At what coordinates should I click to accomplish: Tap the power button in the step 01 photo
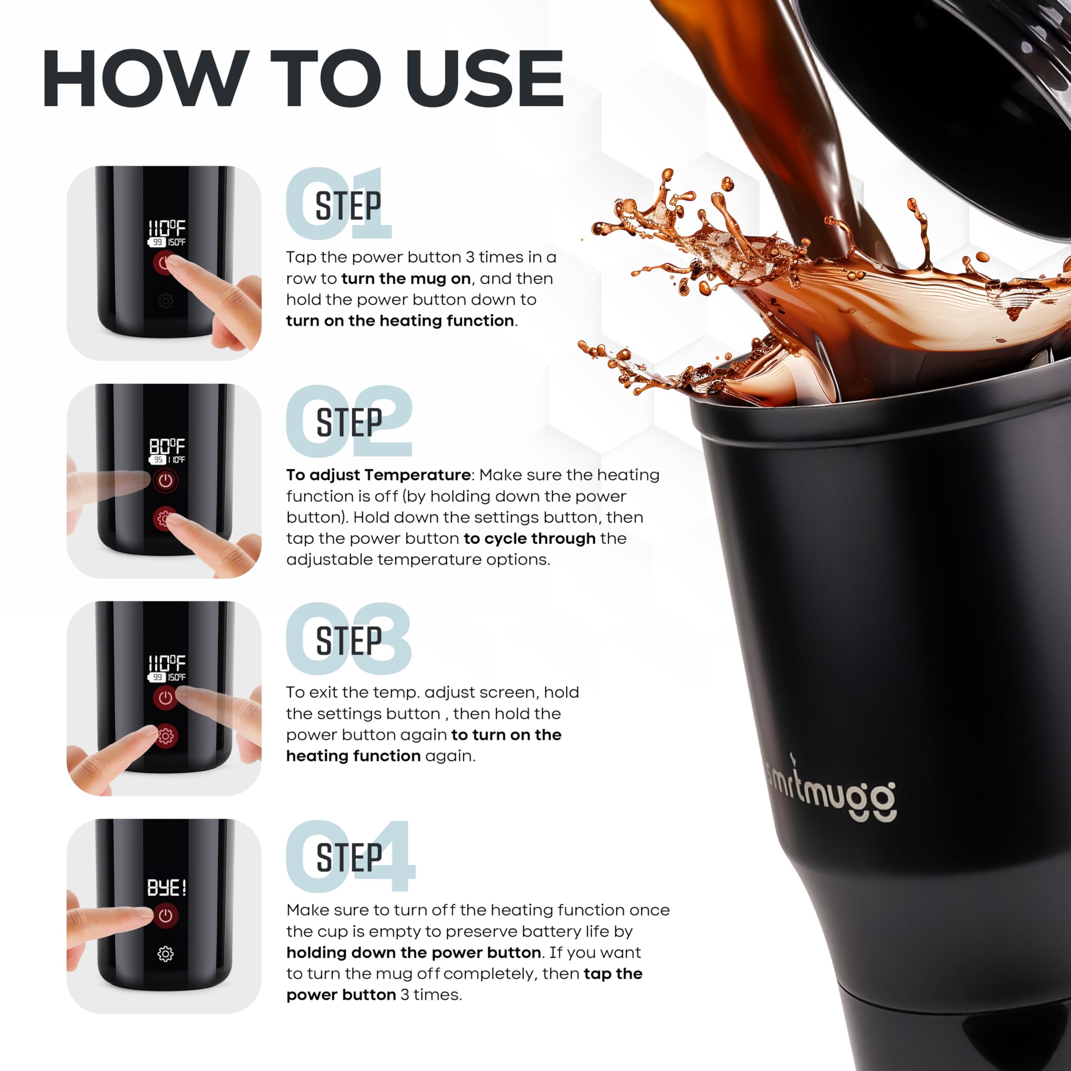(164, 263)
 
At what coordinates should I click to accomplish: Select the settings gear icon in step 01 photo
(165, 301)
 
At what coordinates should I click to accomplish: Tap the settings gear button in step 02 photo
(164, 519)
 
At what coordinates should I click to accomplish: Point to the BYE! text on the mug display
(167, 887)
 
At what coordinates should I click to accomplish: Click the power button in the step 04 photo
(165, 916)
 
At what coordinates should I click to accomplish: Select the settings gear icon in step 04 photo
(165, 954)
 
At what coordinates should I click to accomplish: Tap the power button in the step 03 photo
(165, 698)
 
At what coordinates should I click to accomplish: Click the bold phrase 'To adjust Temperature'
(379, 475)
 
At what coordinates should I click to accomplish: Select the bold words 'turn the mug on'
(406, 278)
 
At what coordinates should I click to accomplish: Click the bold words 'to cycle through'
(529, 538)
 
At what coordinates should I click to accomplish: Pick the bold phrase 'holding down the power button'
(413, 952)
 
